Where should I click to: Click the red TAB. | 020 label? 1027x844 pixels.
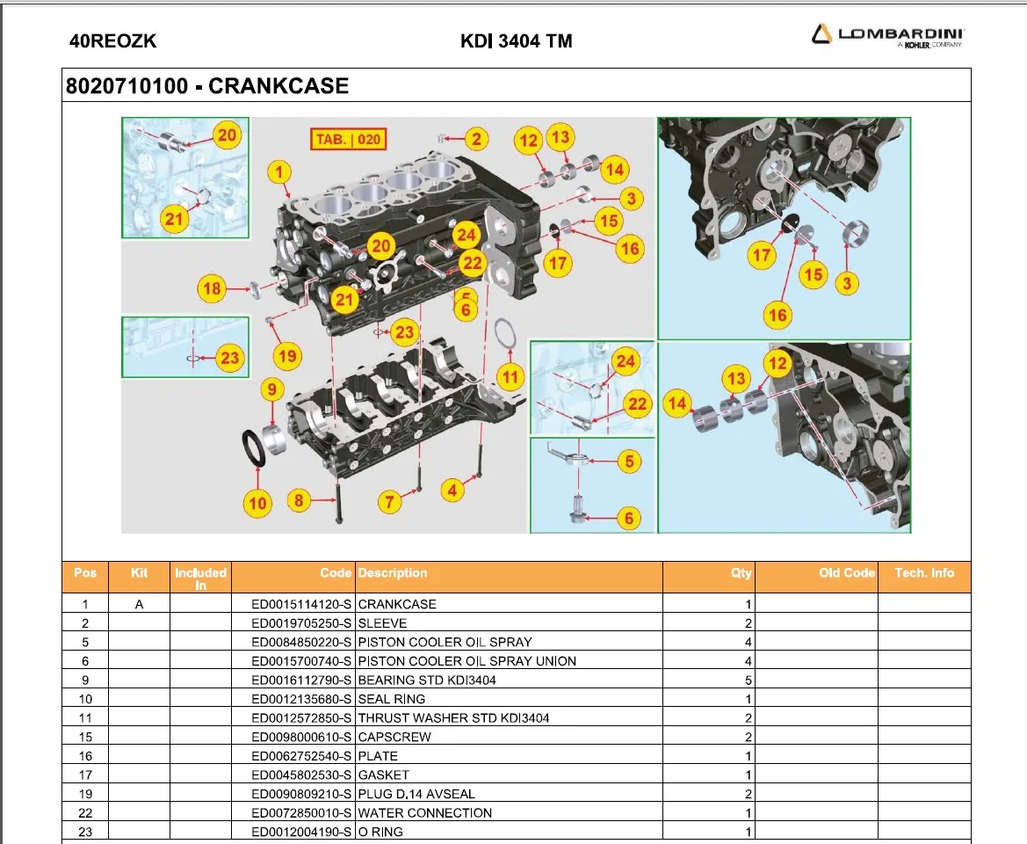(x=349, y=139)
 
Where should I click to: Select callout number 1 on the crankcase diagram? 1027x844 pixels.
(x=279, y=171)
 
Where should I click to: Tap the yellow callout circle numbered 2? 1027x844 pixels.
(x=475, y=138)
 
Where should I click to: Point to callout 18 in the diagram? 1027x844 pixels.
(x=212, y=287)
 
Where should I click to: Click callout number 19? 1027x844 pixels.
(x=286, y=356)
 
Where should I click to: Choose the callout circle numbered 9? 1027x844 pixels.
(x=271, y=389)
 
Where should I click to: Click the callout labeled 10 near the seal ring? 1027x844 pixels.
(x=257, y=503)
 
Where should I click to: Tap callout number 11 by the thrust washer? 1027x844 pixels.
(x=510, y=377)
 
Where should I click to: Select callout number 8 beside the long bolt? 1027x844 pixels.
(x=299, y=501)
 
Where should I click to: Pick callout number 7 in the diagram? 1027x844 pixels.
(x=389, y=502)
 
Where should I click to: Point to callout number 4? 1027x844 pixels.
(x=452, y=491)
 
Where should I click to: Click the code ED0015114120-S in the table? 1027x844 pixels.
(x=301, y=604)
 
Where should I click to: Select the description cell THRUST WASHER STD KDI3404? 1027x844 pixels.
(x=453, y=718)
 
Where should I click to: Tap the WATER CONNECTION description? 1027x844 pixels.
(x=424, y=813)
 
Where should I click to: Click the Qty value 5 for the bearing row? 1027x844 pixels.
(x=748, y=680)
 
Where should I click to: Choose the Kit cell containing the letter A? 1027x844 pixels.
(x=139, y=604)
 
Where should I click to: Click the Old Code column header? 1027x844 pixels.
(x=846, y=573)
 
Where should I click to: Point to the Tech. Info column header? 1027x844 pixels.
(x=923, y=573)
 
